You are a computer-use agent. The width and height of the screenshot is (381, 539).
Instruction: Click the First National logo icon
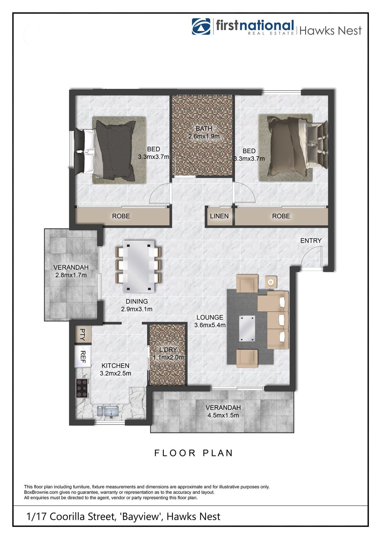click(201, 26)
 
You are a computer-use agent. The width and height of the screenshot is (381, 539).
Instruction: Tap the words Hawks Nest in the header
click(330, 30)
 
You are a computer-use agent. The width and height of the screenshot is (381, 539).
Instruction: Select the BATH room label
click(204, 129)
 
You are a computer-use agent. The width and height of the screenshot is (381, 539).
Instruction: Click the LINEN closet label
click(219, 216)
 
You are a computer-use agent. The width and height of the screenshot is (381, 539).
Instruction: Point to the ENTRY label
click(311, 241)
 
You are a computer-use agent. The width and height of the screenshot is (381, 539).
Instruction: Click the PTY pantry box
click(83, 334)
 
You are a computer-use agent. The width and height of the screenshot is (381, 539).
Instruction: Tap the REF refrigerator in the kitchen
click(83, 357)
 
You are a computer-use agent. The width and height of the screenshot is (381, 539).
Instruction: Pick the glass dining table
click(138, 266)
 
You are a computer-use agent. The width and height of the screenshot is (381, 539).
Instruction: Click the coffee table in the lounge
click(247, 328)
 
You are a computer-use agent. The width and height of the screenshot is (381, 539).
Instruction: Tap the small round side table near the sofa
click(271, 282)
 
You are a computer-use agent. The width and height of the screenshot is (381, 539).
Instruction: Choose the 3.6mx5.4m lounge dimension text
click(210, 325)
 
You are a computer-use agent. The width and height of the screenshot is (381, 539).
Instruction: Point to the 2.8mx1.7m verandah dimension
click(71, 275)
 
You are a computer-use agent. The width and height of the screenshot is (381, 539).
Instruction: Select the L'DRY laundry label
click(168, 350)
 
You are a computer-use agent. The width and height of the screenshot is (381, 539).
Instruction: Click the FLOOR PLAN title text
click(194, 453)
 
